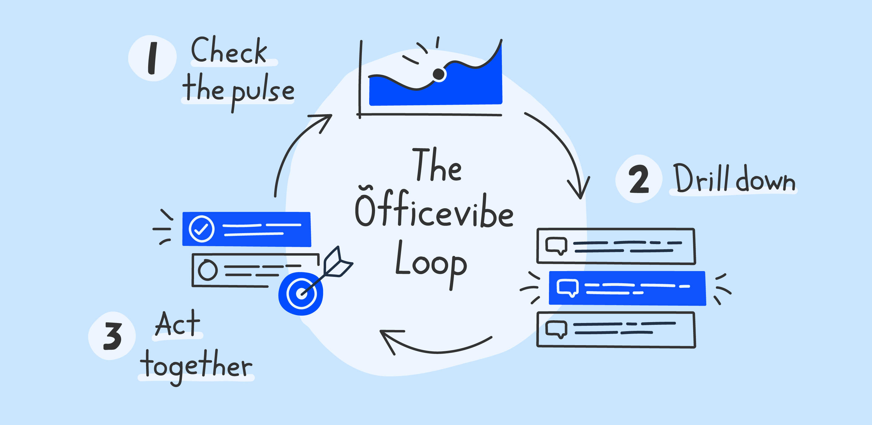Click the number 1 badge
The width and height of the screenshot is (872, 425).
pos(152,58)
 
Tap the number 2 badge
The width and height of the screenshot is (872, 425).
pos(639,179)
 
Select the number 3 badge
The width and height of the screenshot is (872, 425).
pos(112,336)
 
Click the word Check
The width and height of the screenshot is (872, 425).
pos(229,51)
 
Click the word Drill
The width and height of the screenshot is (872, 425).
pos(701,178)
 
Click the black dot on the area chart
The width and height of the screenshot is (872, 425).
pos(439,74)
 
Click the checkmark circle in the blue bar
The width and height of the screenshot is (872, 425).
pos(201,229)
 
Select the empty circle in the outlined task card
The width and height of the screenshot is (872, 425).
pos(207,270)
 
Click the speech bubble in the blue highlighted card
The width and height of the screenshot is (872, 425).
pos(567,287)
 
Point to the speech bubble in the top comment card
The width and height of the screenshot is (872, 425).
pos(556,246)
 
